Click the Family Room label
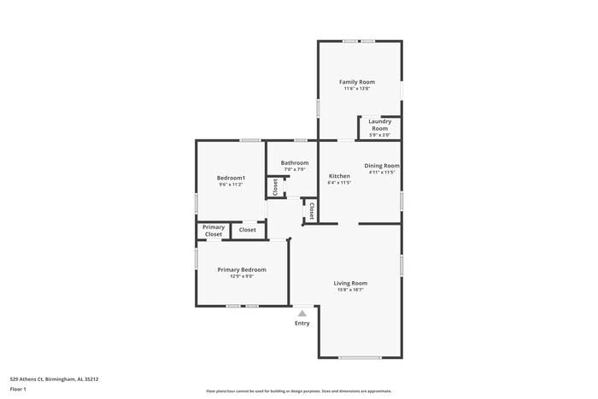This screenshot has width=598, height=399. point(357,82)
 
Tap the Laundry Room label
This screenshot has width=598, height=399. point(379,125)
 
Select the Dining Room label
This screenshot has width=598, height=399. point(382,166)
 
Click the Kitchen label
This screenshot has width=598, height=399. point(339,176)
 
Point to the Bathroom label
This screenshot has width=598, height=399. point(295,162)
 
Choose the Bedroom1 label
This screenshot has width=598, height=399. point(231,178)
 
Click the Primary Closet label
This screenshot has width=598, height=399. point(214,230)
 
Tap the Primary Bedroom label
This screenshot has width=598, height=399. point(242,270)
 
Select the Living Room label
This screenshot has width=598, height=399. point(350,283)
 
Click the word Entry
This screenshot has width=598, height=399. point(302,323)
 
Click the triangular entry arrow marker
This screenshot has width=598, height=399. point(302,314)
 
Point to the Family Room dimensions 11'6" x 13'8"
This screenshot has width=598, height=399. point(357,89)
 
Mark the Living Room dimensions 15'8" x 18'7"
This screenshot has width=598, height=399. point(350,290)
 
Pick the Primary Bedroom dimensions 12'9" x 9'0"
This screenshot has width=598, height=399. point(242,276)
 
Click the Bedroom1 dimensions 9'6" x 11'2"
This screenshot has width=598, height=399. point(231,185)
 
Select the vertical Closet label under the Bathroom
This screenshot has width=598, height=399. point(275,188)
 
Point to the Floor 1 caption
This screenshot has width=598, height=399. point(18,390)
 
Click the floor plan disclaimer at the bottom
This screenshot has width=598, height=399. point(298,390)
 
